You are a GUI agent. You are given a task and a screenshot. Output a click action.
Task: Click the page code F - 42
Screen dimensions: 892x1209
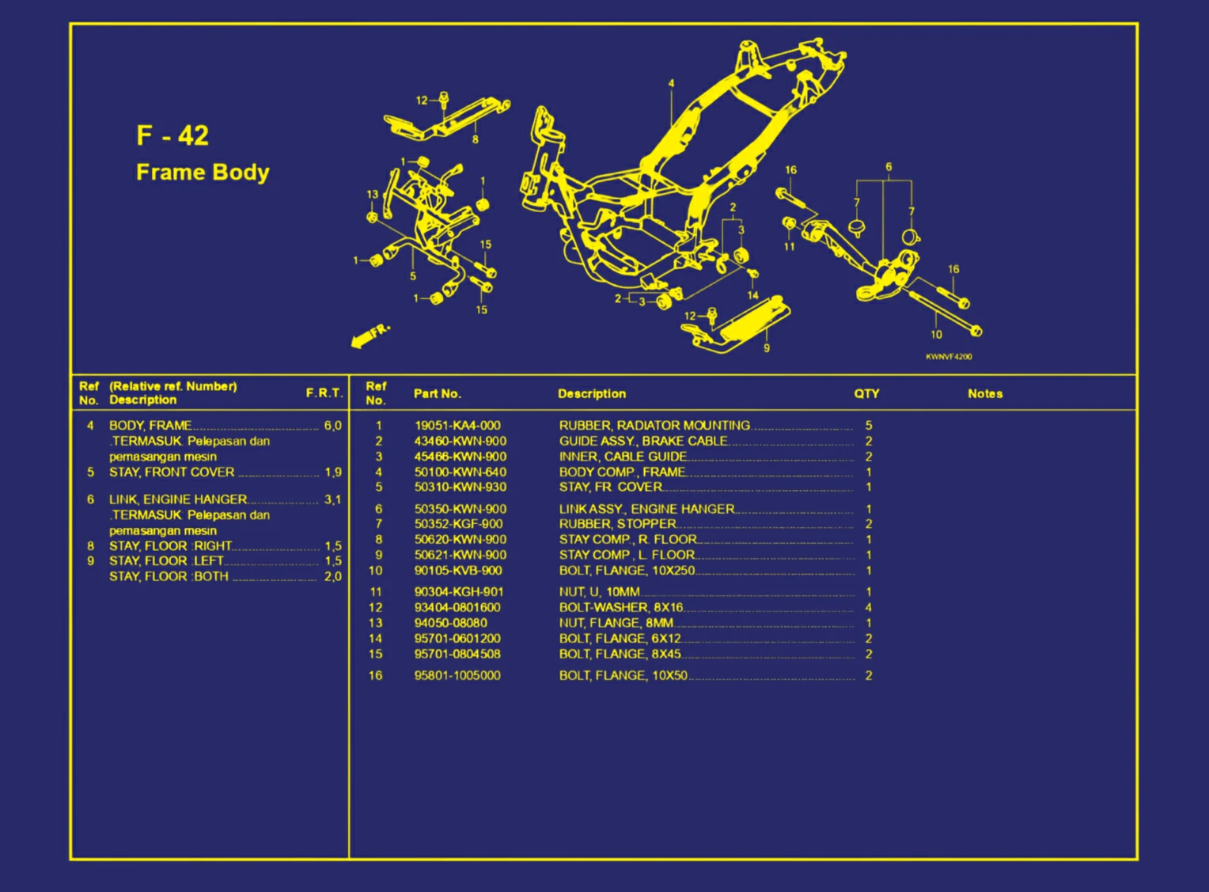click(x=172, y=135)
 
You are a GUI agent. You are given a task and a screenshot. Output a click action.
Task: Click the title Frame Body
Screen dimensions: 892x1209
click(x=203, y=172)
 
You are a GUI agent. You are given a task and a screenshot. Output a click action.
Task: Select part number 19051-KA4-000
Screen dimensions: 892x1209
click(x=457, y=426)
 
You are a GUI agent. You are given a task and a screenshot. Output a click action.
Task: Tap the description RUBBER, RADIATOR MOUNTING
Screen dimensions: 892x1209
click(x=654, y=426)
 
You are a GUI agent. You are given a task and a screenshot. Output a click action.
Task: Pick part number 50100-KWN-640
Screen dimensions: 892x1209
click(x=460, y=472)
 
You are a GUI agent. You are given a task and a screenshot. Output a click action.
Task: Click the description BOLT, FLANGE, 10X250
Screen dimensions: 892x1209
click(x=627, y=571)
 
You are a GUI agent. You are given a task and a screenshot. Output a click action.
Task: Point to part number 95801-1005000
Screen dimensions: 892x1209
click(x=457, y=676)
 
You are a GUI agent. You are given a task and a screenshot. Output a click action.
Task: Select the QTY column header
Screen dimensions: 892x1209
click(x=866, y=393)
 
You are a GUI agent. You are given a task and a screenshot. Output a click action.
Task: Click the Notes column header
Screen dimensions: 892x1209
click(x=985, y=393)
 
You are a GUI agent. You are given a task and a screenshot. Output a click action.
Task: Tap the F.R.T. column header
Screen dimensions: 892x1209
click(x=324, y=393)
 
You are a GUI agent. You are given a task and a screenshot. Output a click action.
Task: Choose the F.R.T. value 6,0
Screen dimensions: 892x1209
click(x=332, y=426)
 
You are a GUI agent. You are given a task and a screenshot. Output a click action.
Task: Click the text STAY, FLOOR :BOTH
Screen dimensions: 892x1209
click(x=169, y=576)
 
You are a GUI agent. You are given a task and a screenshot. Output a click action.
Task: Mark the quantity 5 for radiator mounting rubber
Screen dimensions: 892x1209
click(x=869, y=426)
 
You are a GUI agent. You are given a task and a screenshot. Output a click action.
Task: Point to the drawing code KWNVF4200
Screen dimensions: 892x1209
click(x=949, y=357)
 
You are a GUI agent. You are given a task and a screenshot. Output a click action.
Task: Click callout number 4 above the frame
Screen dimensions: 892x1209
click(x=671, y=84)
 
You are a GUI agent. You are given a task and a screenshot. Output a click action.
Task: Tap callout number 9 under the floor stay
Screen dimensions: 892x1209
click(x=767, y=348)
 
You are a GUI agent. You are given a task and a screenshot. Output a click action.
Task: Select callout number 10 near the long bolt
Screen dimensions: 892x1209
click(x=936, y=335)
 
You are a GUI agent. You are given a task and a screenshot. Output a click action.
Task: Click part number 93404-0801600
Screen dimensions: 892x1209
click(x=457, y=608)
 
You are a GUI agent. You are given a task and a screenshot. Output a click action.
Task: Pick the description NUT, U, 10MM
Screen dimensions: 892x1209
click(x=599, y=592)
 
